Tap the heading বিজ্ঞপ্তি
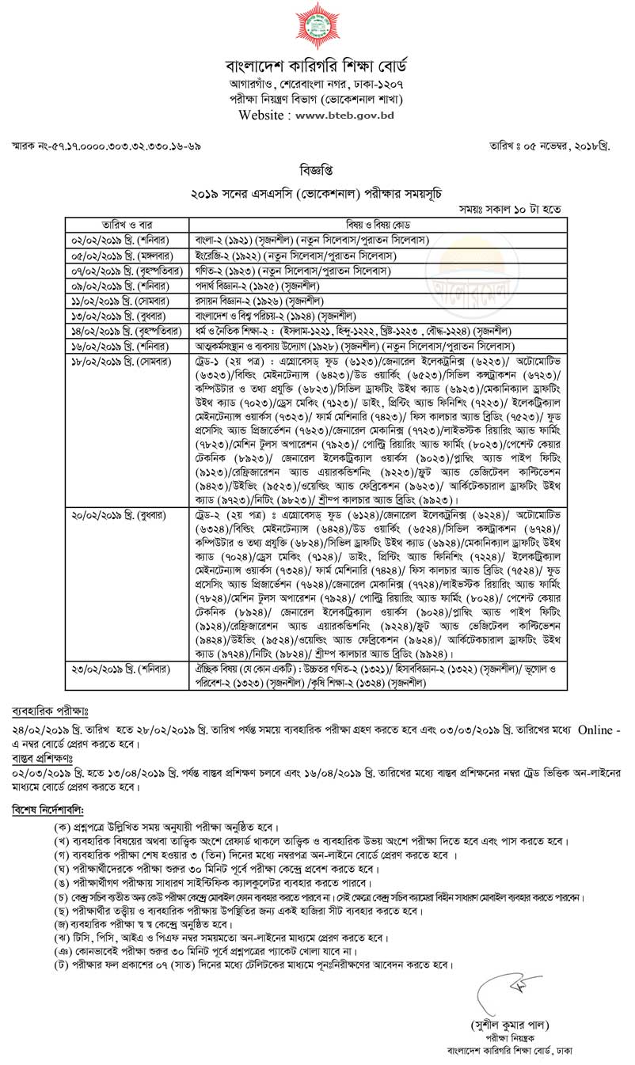[317, 170]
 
